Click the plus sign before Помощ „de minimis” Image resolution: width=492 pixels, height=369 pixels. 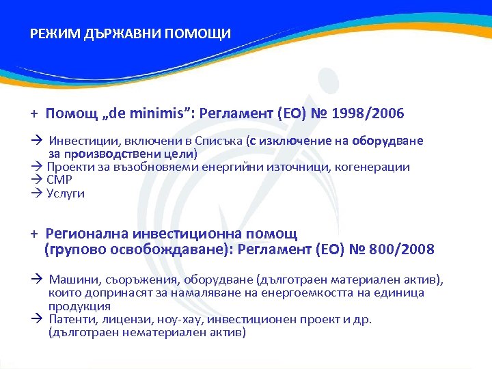point(32,113)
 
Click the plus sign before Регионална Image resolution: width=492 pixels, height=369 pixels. point(32,234)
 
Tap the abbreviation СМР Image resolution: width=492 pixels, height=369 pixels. point(59,180)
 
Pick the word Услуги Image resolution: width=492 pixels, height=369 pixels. point(66,193)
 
